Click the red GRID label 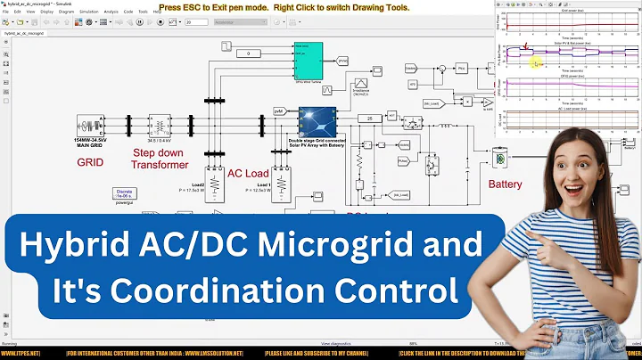[90, 163]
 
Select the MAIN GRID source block [92, 127]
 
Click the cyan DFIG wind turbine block [308, 59]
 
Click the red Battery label [506, 184]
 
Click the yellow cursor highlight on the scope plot [537, 63]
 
